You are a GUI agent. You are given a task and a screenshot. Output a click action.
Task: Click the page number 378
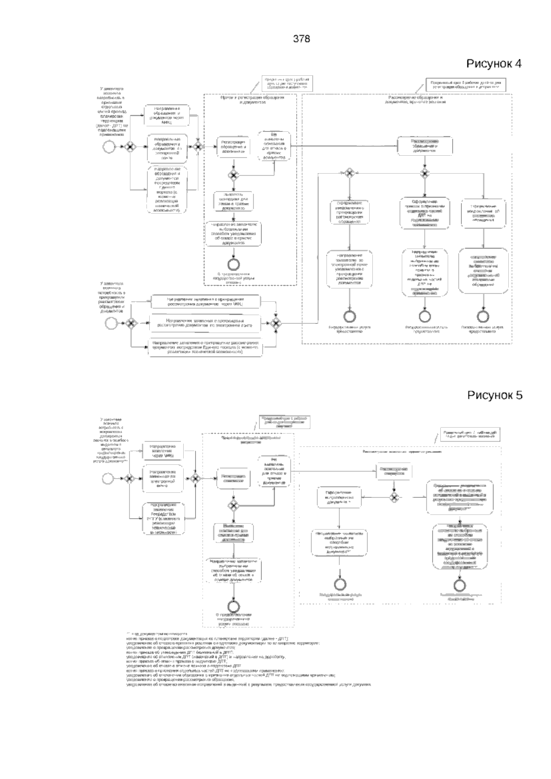pos(302,39)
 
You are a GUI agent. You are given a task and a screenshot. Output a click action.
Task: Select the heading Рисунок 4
pos(494,63)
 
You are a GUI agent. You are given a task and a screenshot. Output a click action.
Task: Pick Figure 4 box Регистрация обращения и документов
pos(234,146)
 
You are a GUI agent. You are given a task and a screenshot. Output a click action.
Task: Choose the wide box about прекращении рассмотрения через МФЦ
pos(204,302)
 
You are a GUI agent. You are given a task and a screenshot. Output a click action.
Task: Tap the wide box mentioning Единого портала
pos(204,348)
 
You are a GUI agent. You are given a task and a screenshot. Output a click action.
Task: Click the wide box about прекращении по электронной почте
pos(204,323)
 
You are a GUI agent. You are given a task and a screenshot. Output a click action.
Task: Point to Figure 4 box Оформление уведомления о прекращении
pos(350,211)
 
